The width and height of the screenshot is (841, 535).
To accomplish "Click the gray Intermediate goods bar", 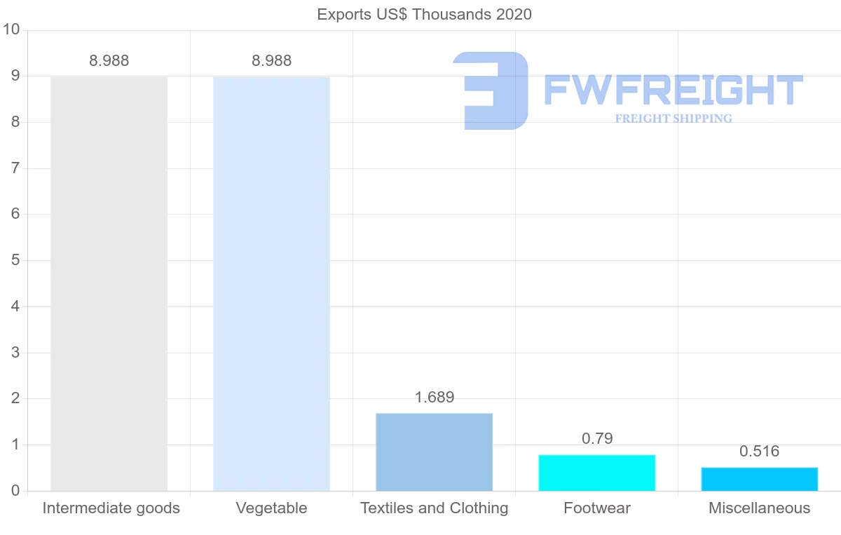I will coord(109,284).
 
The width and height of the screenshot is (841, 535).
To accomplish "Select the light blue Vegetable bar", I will coord(271,284).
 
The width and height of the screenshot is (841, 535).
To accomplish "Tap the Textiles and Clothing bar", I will coord(434,452).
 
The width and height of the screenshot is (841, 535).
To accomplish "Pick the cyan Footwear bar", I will coord(596,473).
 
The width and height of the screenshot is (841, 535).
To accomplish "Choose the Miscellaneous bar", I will coord(759,479).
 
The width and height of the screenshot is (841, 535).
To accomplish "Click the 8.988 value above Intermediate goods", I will coord(109,61).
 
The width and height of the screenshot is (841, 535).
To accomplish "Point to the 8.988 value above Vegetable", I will coord(271,61).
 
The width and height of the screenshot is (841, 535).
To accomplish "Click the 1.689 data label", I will coord(434,398).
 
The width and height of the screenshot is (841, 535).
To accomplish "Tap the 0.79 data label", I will coord(597,439).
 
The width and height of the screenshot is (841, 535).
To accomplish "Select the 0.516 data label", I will coord(759,452).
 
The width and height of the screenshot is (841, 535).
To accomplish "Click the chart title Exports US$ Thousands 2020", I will coord(424,15).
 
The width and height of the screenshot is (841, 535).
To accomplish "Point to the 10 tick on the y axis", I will coord(11,30).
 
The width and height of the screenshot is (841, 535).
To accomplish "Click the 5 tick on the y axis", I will coord(15,261).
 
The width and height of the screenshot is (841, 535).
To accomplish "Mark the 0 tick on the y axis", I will coord(15,491).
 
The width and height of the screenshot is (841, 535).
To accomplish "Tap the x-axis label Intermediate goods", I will coord(111,508).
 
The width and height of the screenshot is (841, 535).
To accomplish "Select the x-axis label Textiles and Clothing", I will coord(434,508).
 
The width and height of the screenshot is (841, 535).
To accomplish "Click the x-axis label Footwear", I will coord(596,508).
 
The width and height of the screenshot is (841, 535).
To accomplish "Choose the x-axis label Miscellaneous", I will coord(759,508).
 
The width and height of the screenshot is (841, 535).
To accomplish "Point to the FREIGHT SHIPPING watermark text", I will coord(673,118).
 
